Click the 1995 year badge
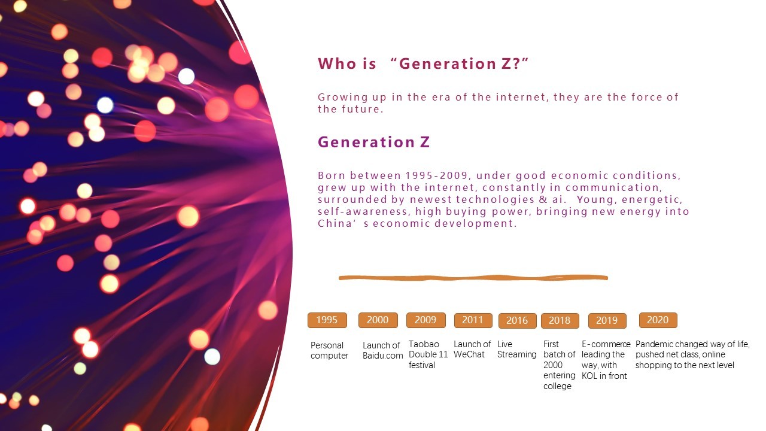pos(327,320)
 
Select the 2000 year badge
pos(378,320)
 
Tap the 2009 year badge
pos(425,320)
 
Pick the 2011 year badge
pos(473,320)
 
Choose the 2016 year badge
pos(518,321)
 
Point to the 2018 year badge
pos(560,321)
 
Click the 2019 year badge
pos(607,321)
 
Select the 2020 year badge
pos(658,320)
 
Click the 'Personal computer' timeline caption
pos(329,350)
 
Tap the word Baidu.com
pos(382,356)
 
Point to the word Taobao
pos(424,344)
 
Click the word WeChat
pos(469,354)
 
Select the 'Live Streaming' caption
pos(516,350)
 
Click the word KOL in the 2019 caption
pos(589,376)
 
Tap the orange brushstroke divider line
pos(473,278)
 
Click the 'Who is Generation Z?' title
pos(423,63)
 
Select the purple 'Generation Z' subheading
pos(373,142)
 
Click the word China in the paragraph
pos(330,223)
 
